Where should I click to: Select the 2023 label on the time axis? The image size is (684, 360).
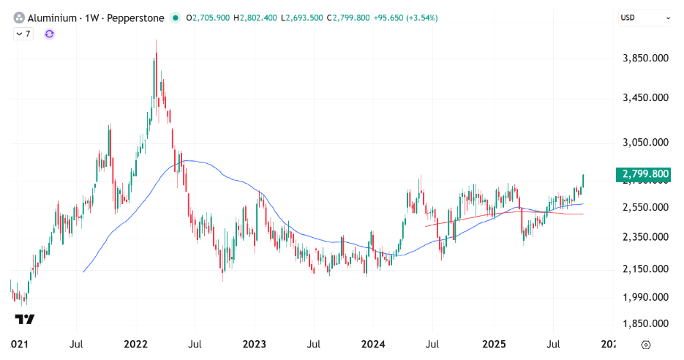click(254, 343)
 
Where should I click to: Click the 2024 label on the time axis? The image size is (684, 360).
click(373, 343)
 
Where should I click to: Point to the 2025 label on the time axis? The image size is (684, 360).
click(494, 343)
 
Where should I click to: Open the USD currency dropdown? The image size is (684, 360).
click(644, 17)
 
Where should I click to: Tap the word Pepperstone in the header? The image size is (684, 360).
click(137, 17)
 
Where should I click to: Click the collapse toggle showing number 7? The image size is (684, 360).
click(23, 34)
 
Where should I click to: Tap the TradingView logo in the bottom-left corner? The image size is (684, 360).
click(24, 319)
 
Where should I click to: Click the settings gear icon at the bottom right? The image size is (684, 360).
click(646, 344)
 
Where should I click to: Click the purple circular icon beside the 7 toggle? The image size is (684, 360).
click(49, 34)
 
